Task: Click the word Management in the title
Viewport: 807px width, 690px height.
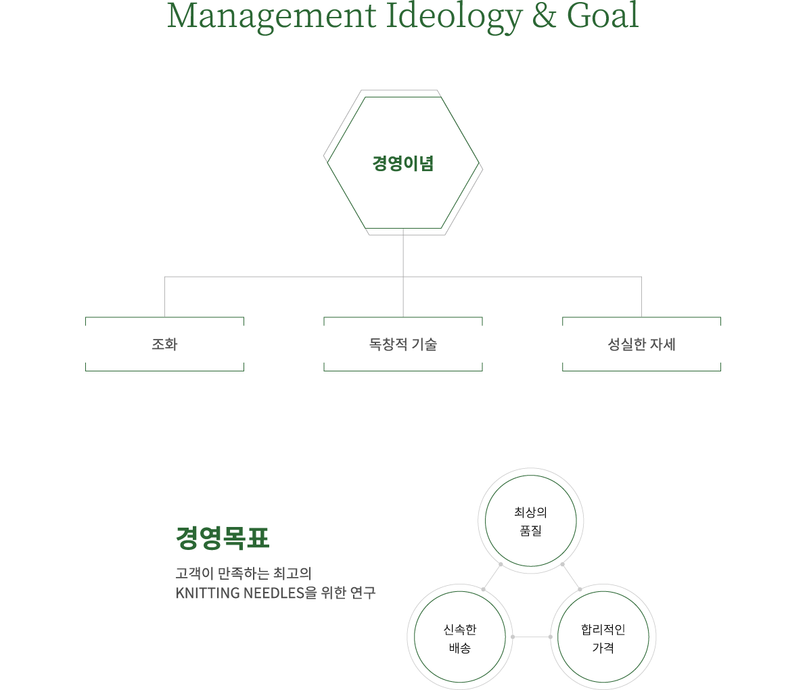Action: coord(271,16)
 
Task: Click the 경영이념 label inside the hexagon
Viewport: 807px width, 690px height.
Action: coord(403,163)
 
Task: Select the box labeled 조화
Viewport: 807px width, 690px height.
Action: coord(164,344)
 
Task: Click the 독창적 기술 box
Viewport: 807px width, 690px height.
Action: coord(403,344)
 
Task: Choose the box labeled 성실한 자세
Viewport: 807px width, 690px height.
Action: coord(641,344)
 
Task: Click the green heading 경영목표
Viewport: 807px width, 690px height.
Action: coord(223,538)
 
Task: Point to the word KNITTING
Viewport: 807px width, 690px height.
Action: coord(208,593)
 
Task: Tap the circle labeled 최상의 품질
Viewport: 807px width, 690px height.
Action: coord(531,522)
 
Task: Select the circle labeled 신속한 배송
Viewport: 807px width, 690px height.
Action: coord(460,638)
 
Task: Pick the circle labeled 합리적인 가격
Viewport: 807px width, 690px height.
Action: coord(603,638)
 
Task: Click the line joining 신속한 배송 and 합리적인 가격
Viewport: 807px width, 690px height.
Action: coord(532,637)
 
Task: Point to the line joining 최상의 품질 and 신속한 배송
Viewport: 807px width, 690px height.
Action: coord(492,577)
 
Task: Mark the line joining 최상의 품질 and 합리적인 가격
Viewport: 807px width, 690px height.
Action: coord(571,577)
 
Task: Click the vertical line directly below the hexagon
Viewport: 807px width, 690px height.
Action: coord(403,254)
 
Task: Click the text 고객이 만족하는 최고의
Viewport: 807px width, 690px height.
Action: coord(243,574)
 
